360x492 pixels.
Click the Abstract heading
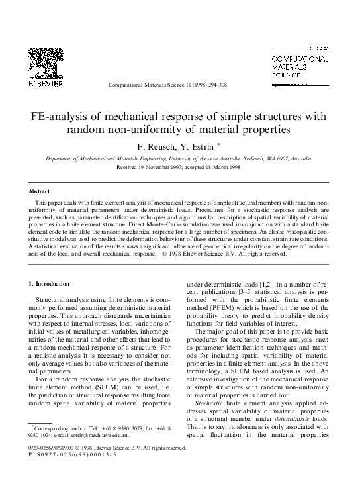[x=39, y=191]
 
